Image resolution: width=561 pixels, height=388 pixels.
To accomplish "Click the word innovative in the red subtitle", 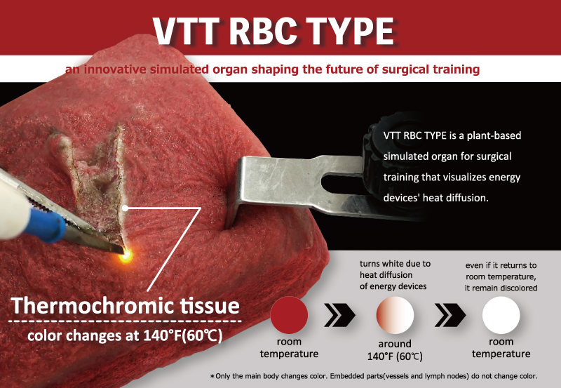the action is tap(115, 69).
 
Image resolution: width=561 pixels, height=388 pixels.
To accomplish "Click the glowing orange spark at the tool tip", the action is tap(126, 255).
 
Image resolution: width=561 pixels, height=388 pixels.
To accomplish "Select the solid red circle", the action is tap(289, 315).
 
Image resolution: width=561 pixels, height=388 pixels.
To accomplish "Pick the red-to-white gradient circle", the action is tap(395, 315).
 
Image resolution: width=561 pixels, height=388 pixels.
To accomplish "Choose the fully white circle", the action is tap(501, 315).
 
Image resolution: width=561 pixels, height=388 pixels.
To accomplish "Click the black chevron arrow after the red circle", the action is tap(339, 315).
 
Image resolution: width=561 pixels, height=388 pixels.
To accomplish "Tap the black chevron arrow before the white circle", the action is tap(450, 315).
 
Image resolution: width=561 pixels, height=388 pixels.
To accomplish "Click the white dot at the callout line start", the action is tap(125, 208).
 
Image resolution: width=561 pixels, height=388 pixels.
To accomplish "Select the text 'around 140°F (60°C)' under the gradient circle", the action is tap(395, 350).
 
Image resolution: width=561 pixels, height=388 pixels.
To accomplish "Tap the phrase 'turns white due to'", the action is tap(395, 264).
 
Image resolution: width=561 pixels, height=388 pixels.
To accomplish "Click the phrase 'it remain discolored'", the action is tap(501, 288).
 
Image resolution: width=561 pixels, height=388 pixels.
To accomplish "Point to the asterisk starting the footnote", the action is tap(212, 376).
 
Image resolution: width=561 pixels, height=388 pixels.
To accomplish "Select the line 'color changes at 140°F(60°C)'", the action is tap(125, 336).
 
